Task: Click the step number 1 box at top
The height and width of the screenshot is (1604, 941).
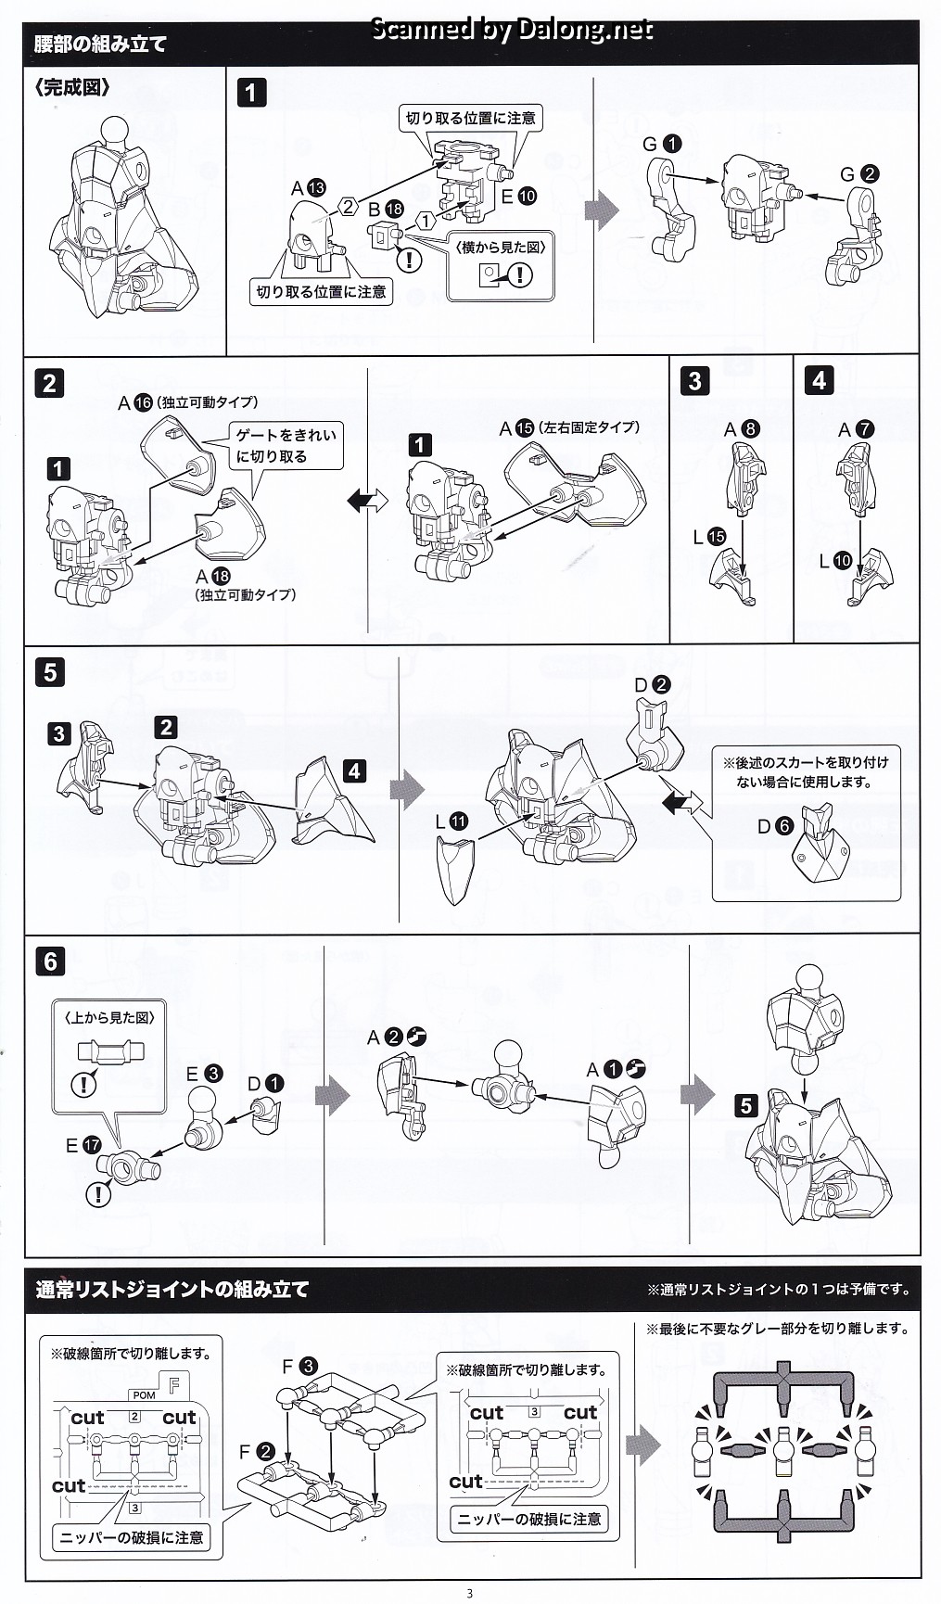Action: tap(251, 93)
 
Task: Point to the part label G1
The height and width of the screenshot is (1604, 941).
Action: tap(662, 144)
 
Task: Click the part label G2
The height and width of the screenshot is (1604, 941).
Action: tap(859, 173)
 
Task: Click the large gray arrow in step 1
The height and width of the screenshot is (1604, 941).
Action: tap(603, 209)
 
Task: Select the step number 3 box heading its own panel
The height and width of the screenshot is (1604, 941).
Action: tap(694, 380)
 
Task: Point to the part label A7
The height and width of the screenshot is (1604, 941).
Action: tap(856, 429)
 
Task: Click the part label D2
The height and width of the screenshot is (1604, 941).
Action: tap(652, 685)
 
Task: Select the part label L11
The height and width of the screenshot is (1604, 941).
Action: tap(451, 821)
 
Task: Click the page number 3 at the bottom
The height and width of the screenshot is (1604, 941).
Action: tap(470, 1594)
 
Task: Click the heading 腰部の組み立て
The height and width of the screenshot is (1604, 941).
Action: tap(100, 45)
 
